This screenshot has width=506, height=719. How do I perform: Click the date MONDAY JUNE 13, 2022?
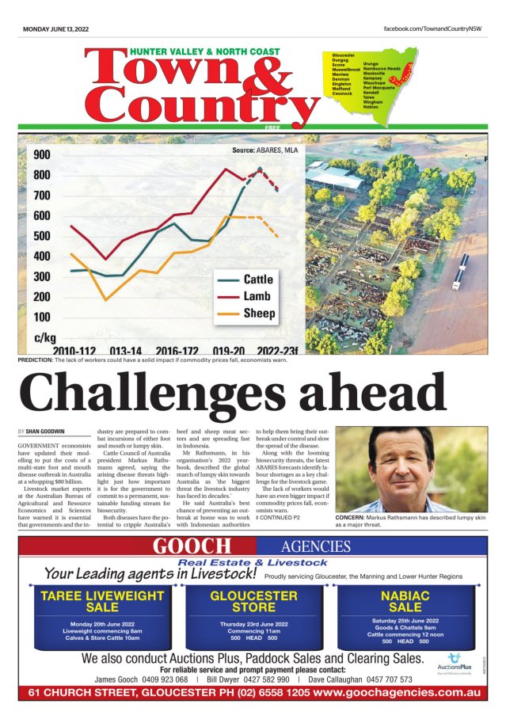pos(55,29)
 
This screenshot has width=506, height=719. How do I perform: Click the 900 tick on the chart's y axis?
pos(41,155)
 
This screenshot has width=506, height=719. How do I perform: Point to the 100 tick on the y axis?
pos(41,317)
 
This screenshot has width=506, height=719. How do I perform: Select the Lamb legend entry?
pos(257,296)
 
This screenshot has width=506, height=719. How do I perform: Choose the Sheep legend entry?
pos(259,314)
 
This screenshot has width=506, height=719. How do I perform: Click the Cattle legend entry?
pos(258,280)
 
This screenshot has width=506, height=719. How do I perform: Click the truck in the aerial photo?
pos(460,272)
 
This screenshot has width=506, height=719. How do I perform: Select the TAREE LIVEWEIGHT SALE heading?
pos(102,602)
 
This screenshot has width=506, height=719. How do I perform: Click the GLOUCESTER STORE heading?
pos(253,602)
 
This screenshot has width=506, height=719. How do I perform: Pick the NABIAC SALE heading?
pos(405,602)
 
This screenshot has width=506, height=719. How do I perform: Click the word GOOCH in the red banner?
pos(192,546)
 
